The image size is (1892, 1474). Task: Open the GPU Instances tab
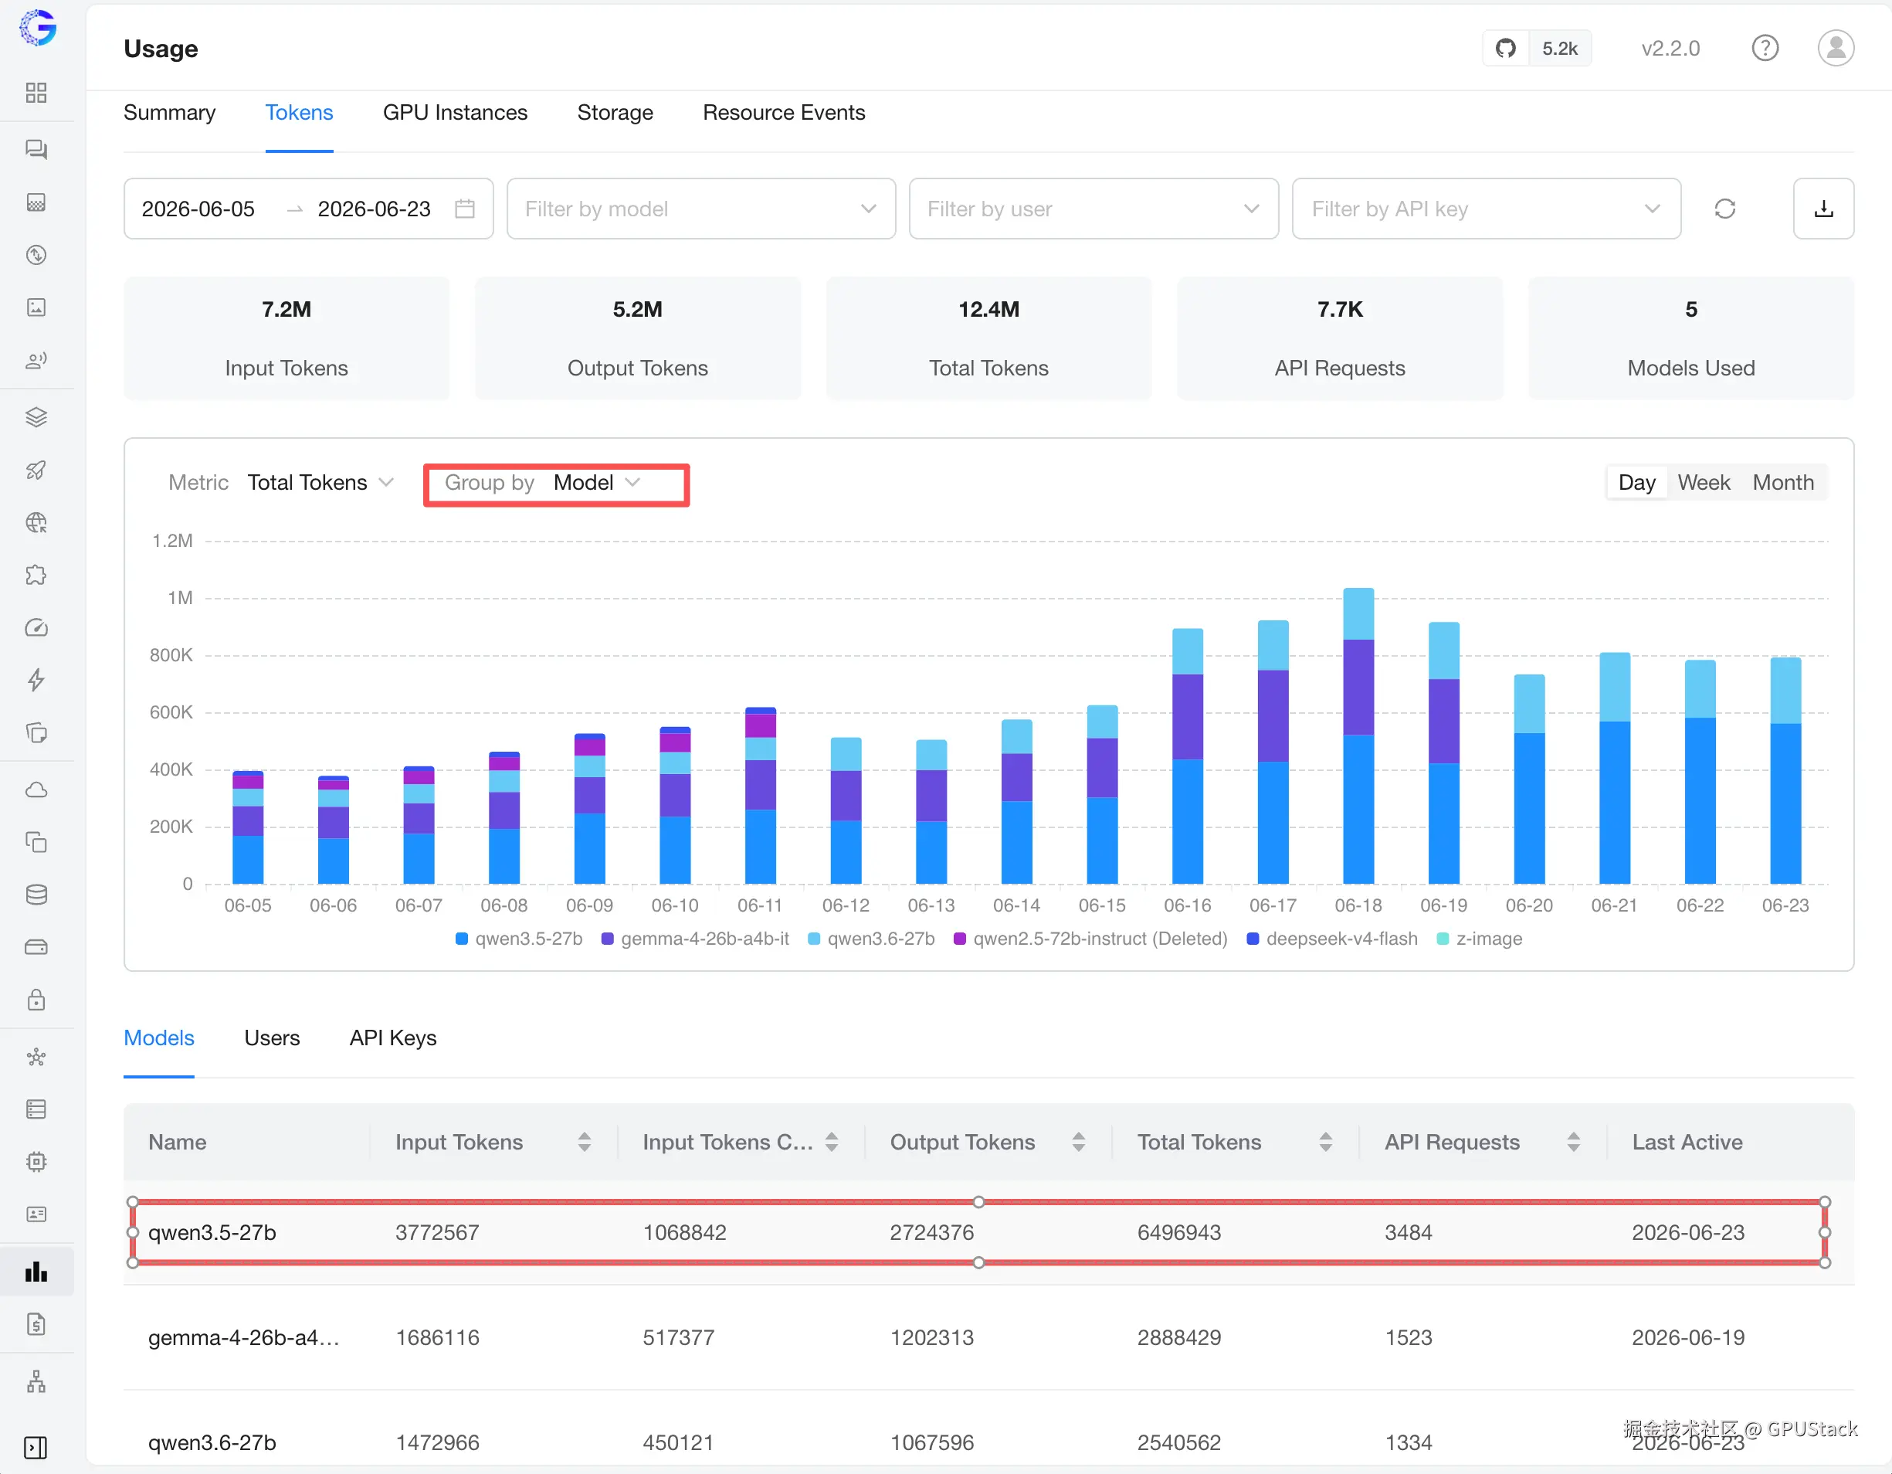[455, 113]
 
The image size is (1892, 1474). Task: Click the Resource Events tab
[783, 113]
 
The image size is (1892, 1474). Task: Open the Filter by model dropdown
[701, 209]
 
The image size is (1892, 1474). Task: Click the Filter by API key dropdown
[1486, 209]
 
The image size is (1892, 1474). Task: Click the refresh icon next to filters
[1724, 209]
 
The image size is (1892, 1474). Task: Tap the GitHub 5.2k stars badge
[1537, 49]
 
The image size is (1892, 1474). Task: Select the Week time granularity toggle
[1703, 483]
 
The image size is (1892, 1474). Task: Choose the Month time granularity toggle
[1783, 483]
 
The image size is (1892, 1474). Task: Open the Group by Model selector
[556, 483]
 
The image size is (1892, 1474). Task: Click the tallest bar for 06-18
[1358, 735]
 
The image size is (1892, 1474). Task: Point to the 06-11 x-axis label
[760, 905]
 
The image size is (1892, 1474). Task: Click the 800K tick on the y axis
[171, 655]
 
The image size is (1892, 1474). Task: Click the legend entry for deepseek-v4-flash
[1332, 939]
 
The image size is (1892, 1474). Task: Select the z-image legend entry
[1480, 939]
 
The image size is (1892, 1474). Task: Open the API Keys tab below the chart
[392, 1038]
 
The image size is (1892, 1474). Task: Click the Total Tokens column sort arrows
[1325, 1142]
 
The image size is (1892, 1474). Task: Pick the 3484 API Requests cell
[1408, 1232]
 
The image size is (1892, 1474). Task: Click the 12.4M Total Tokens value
[988, 309]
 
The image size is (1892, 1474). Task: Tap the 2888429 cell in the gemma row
[1179, 1337]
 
